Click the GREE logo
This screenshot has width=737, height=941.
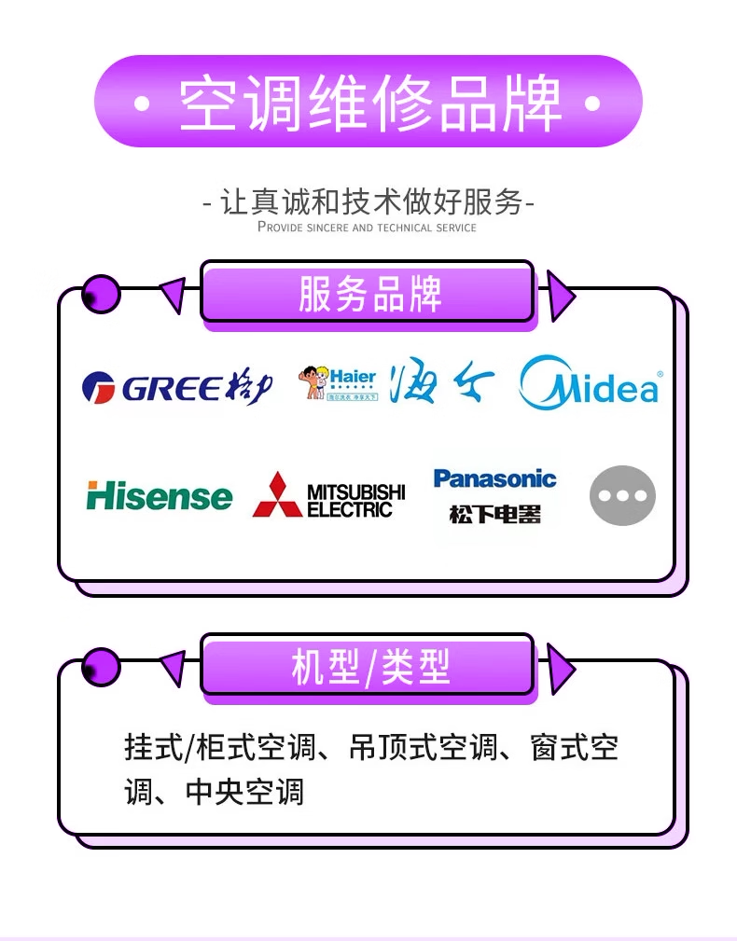pyautogui.click(x=177, y=386)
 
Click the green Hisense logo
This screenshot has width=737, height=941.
pyautogui.click(x=159, y=495)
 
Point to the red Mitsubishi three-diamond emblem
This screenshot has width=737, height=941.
pyautogui.click(x=277, y=495)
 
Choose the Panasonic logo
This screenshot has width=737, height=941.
pyautogui.click(x=494, y=494)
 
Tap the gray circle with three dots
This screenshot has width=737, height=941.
pyautogui.click(x=622, y=495)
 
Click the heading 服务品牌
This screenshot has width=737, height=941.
pyautogui.click(x=368, y=293)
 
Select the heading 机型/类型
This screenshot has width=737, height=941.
pyautogui.click(x=368, y=666)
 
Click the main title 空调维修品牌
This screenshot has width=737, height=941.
pyautogui.click(x=368, y=102)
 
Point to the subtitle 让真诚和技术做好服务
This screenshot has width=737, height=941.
pyautogui.click(x=368, y=202)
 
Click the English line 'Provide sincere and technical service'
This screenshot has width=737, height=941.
pyautogui.click(x=367, y=228)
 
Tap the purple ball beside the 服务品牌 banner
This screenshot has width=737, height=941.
pyautogui.click(x=101, y=295)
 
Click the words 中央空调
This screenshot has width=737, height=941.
pyautogui.click(x=244, y=792)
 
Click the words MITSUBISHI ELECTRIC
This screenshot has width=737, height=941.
pyautogui.click(x=356, y=501)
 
